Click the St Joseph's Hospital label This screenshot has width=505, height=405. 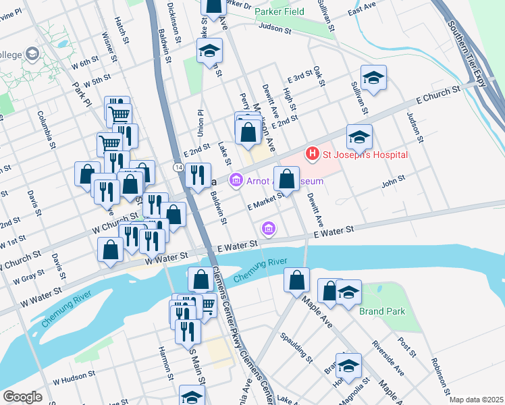pos(364,154)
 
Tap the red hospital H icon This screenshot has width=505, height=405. pos(312,154)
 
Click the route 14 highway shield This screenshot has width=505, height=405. pos(177,166)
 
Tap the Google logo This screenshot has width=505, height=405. pos(22,397)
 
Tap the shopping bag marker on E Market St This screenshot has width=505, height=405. pos(286,180)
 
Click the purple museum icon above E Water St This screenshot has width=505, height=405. pos(269,229)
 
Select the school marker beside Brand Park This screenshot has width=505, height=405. pos(348,293)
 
